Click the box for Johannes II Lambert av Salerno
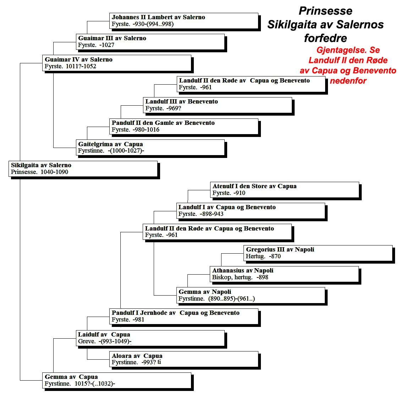184,21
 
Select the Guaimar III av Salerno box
150,42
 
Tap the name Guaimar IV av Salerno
78,59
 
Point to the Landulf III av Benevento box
218,105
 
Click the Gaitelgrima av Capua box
150,148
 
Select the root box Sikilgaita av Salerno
83,169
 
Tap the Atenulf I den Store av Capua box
285,190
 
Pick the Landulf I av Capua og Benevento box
251,211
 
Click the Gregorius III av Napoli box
318,253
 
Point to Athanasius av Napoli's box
284,274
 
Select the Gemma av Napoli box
251,295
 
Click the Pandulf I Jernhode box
184,316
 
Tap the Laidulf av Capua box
150,338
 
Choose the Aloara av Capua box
184,359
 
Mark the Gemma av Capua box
117,380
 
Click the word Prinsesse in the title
325,11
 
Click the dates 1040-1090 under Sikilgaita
54,172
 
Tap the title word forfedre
325,38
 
